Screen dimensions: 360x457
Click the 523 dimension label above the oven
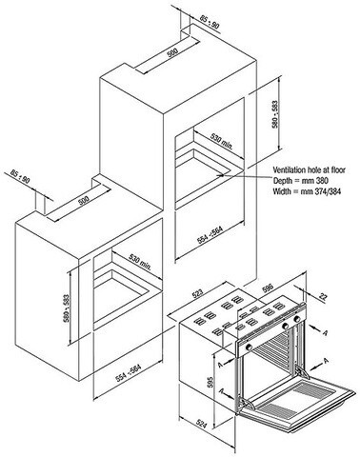197,294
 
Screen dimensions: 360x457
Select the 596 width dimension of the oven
268,288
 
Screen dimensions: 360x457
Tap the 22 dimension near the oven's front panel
323,297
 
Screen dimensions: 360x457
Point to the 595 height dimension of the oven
210,383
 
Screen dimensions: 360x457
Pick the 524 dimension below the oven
201,424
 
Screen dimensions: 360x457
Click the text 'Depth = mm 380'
301,181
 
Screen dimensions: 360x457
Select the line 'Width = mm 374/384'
308,191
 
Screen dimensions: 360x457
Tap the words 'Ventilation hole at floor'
310,170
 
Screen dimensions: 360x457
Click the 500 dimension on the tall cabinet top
172,52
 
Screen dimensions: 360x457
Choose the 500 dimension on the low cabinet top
84,200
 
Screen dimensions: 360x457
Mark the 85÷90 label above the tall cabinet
210,23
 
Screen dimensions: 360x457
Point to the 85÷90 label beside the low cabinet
20,177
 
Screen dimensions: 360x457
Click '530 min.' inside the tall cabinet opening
222,140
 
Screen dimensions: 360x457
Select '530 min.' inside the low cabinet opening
140,261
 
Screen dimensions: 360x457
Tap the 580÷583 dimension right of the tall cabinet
275,114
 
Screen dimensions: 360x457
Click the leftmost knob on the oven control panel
250,347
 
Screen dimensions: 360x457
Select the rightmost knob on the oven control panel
297,319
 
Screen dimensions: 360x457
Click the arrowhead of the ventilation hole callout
220,174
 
